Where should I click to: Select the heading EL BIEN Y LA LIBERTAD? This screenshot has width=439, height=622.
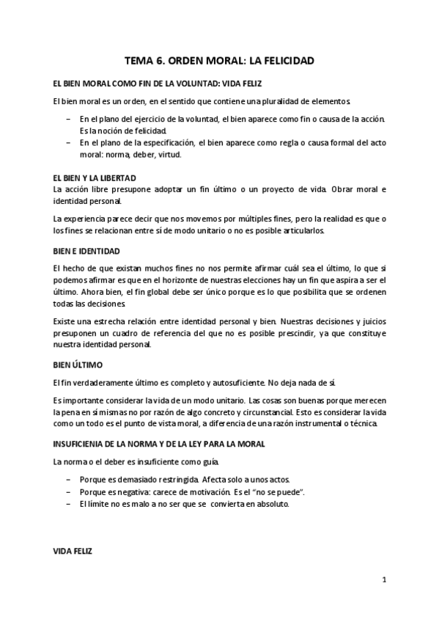pyautogui.click(x=95, y=179)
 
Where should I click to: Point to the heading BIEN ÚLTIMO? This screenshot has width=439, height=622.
pyautogui.click(x=78, y=365)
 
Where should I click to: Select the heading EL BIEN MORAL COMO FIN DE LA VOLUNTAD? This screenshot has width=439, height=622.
pyautogui.click(x=158, y=83)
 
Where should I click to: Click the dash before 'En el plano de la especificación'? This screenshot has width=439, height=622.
pyautogui.click(x=68, y=142)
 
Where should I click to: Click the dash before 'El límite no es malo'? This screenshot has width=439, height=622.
pyautogui.click(x=68, y=505)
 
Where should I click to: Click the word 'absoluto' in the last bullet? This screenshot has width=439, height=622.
pyautogui.click(x=273, y=505)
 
